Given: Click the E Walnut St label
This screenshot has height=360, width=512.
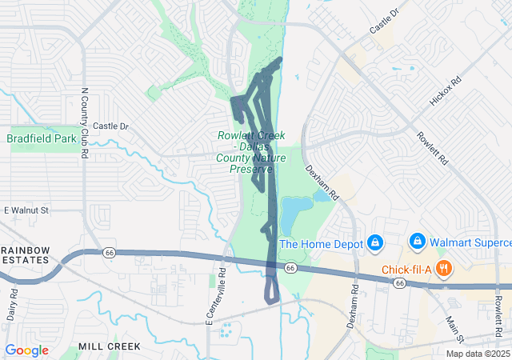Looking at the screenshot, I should click(26, 210).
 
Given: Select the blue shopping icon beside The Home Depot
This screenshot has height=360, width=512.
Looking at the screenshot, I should click(374, 242).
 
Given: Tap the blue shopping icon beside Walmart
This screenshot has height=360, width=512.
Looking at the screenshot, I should click(416, 241).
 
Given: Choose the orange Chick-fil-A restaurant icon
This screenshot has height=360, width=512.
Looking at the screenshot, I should click(441, 269).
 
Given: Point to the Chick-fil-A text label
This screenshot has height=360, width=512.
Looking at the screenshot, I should click(406, 269).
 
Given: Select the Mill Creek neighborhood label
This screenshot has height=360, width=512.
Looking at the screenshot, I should click(110, 346).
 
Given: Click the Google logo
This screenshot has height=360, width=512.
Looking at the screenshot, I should click(26, 350).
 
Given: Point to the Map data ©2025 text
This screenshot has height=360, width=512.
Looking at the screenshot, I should click(477, 354).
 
